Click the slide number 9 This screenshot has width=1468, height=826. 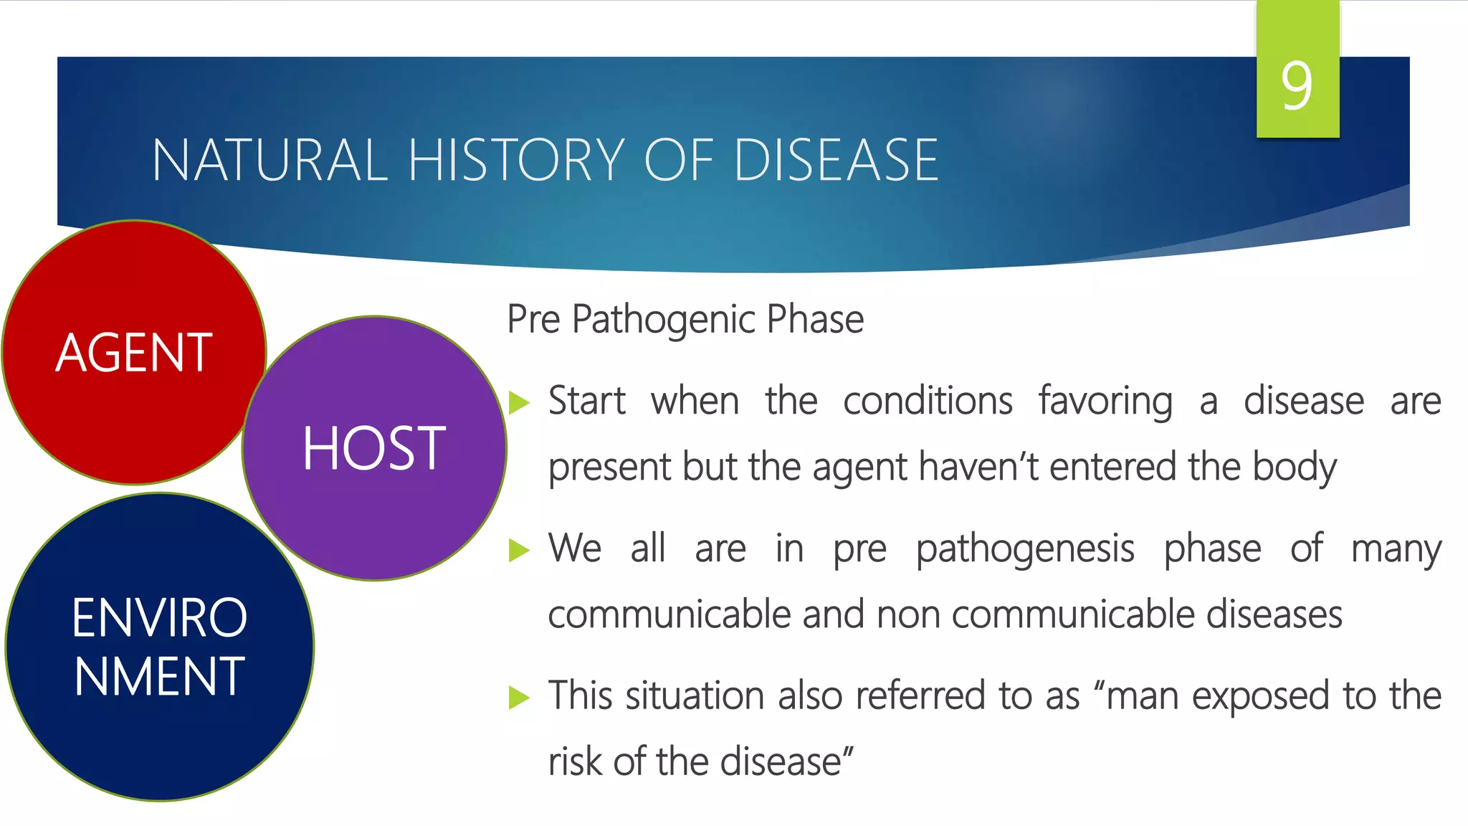[1297, 85]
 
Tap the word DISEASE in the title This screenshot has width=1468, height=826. [836, 160]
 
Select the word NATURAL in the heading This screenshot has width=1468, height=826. [270, 160]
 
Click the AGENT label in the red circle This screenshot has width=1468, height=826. [134, 353]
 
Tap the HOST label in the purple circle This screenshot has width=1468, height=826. [373, 449]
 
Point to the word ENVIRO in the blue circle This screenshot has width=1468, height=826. [159, 618]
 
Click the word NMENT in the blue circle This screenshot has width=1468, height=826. [159, 677]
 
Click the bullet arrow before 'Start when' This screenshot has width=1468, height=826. [518, 403]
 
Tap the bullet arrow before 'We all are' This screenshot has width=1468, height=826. [518, 551]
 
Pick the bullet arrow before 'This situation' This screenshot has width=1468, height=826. [518, 697]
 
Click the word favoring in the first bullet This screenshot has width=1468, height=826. [1106, 402]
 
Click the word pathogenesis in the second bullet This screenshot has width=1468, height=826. [1025, 550]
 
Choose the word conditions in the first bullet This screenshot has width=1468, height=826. [928, 402]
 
